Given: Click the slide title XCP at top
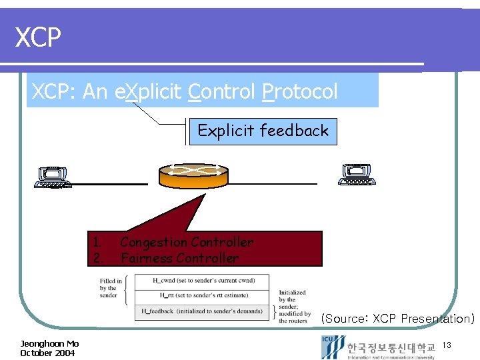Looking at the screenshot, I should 39,38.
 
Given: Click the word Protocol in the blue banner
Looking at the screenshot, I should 300,91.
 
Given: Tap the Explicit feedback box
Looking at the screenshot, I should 263,131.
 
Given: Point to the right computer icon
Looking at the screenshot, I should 357,175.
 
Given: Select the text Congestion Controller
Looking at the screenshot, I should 187,242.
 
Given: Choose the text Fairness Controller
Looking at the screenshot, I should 179,258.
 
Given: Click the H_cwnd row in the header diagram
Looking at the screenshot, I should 201,281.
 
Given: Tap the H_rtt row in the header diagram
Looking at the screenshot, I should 201,295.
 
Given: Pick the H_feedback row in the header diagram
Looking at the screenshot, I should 201,311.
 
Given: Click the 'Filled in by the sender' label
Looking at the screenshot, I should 111,289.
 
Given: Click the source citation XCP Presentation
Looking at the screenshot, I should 397,319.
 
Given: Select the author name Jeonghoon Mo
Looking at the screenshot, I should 49,343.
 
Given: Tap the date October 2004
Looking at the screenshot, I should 47,353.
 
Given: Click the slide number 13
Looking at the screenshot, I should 447,345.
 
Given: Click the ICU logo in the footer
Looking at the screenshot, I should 331,347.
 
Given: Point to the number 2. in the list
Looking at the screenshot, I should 97,258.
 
